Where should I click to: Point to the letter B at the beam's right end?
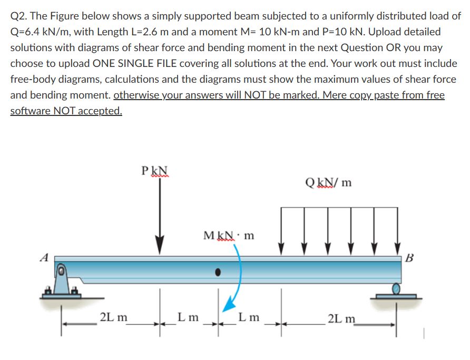[410, 258]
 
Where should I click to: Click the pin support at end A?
[62, 282]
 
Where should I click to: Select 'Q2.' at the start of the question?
[20, 16]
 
